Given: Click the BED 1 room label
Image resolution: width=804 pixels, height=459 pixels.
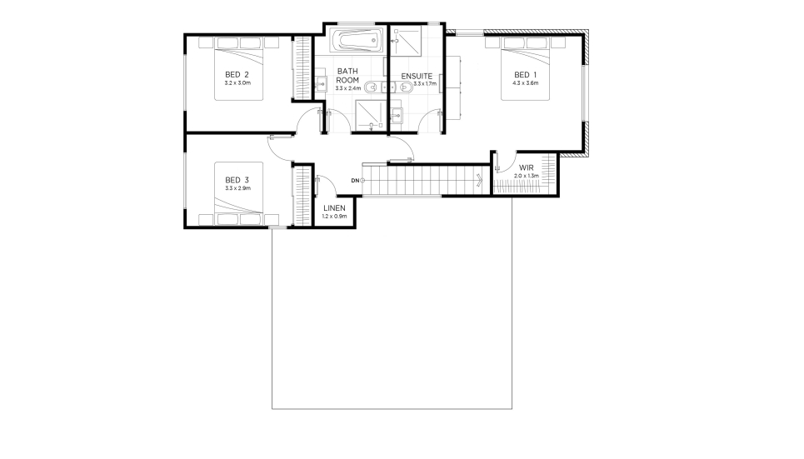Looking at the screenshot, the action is [x=525, y=75].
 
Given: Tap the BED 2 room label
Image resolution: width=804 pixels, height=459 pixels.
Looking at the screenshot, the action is [x=237, y=74].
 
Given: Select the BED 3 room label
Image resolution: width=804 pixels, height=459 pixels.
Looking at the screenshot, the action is [x=237, y=180].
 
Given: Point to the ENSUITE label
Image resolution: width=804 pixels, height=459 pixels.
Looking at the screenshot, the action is [x=417, y=77].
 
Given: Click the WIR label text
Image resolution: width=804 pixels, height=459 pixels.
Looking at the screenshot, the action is [x=526, y=167].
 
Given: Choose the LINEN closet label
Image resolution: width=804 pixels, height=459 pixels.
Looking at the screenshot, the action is [x=334, y=208].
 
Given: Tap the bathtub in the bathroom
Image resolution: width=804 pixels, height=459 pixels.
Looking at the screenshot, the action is [x=357, y=41].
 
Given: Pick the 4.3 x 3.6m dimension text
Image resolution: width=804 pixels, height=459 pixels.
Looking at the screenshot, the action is [x=525, y=82].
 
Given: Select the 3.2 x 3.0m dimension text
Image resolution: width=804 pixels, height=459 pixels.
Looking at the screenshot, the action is [x=237, y=82].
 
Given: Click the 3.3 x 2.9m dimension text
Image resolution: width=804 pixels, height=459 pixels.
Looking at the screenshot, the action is [x=237, y=188].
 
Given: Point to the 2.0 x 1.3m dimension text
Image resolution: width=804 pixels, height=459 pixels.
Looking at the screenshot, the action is [x=527, y=176].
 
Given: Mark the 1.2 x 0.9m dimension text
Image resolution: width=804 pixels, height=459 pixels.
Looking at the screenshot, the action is [x=334, y=216].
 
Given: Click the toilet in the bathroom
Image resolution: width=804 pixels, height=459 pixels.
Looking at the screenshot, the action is [x=374, y=87].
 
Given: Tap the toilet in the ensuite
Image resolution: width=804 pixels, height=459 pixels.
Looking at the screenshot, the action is [x=403, y=87].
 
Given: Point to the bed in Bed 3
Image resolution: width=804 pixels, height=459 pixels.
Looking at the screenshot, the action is [x=238, y=193].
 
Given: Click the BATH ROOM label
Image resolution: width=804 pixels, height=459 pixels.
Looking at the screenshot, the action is [x=347, y=75].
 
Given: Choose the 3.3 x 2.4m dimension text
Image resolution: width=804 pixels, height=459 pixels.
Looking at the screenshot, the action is [x=348, y=88].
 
